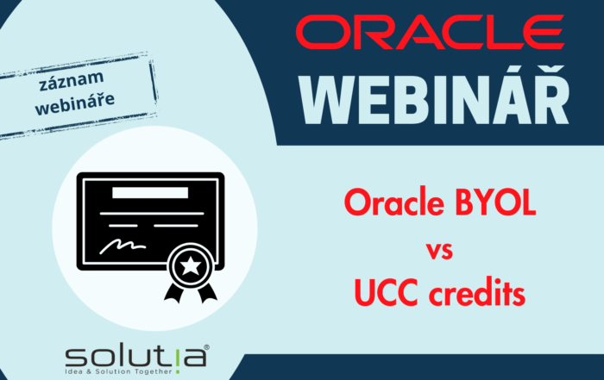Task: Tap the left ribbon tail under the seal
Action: pyautogui.click(x=172, y=293)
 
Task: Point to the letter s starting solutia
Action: pyautogui.click(x=77, y=355)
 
